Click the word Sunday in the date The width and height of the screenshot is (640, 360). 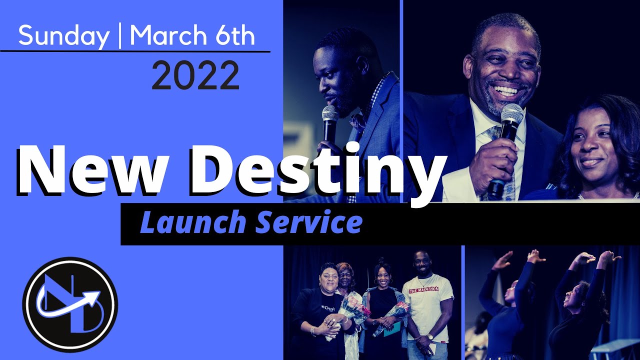pos(64,36)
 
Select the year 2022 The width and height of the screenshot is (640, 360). pos(195,76)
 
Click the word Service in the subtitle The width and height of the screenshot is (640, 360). pos(309,223)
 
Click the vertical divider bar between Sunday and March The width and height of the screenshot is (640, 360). pos(120,36)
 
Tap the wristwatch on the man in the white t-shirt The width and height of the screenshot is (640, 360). pos(430,336)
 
